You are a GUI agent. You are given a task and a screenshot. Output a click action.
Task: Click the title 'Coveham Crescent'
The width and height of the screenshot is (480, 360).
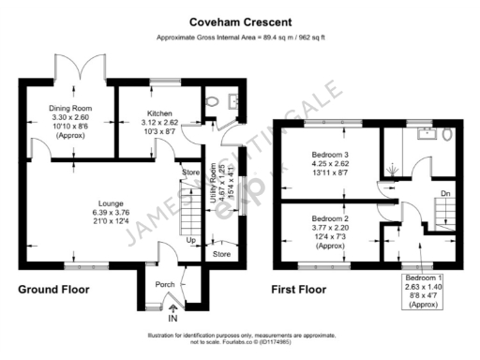coord(240,21)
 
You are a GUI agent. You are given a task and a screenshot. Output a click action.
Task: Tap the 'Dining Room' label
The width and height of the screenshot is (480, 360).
coord(67,108)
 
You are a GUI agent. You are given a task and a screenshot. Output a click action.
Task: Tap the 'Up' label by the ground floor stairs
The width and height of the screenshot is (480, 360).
coord(192,241)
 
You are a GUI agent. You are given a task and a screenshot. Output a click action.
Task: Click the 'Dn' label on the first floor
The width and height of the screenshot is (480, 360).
coord(444,194)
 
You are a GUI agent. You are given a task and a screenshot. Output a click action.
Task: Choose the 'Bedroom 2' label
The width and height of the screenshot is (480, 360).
coord(329,218)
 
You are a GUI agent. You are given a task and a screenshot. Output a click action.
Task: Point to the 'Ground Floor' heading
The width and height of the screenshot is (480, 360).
coord(54,290)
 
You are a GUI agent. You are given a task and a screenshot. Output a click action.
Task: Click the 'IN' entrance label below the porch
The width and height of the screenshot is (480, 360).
coord(172,320)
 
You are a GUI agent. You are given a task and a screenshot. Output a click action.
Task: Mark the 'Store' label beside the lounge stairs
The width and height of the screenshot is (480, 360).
coord(191,172)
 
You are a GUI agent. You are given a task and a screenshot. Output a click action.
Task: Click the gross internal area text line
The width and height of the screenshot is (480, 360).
coord(240,38)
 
